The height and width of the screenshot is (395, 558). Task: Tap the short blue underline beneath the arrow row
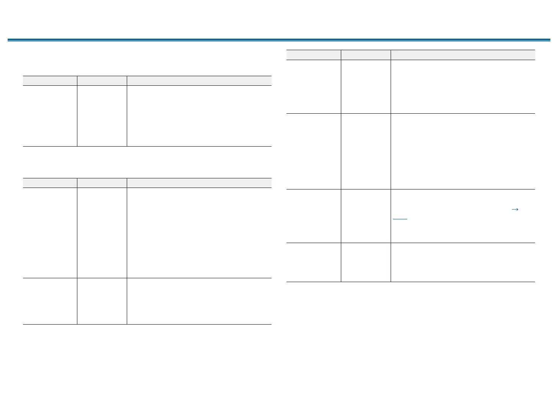pyautogui.click(x=400, y=219)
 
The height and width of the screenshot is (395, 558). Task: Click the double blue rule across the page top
pyautogui.click(x=279, y=39)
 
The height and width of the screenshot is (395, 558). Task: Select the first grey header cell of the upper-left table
pyautogui.click(x=50, y=80)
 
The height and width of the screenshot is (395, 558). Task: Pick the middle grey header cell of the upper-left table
pyautogui.click(x=102, y=80)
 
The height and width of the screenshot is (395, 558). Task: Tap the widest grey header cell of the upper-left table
pyautogui.click(x=199, y=80)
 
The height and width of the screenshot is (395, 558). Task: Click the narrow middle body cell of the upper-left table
pyautogui.click(x=102, y=116)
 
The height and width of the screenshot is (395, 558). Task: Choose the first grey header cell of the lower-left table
pyautogui.click(x=50, y=183)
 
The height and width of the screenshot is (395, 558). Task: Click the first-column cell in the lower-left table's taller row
pyautogui.click(x=50, y=233)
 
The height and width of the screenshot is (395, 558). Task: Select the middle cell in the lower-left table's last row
pyautogui.click(x=102, y=301)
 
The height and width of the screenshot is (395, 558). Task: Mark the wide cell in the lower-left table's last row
pyautogui.click(x=199, y=301)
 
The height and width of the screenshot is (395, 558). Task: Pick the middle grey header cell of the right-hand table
pyautogui.click(x=366, y=55)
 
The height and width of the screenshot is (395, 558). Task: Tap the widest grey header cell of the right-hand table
pyautogui.click(x=463, y=55)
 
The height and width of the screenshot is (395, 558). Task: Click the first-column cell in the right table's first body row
pyautogui.click(x=314, y=87)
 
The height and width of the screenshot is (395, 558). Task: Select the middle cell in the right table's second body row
pyautogui.click(x=366, y=151)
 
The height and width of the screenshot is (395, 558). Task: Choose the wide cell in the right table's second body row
pyautogui.click(x=463, y=151)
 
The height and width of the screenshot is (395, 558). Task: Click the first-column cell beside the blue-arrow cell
pyautogui.click(x=314, y=216)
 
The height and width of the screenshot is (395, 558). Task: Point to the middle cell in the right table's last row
pyautogui.click(x=366, y=262)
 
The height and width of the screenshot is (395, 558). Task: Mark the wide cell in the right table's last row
pyautogui.click(x=463, y=262)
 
